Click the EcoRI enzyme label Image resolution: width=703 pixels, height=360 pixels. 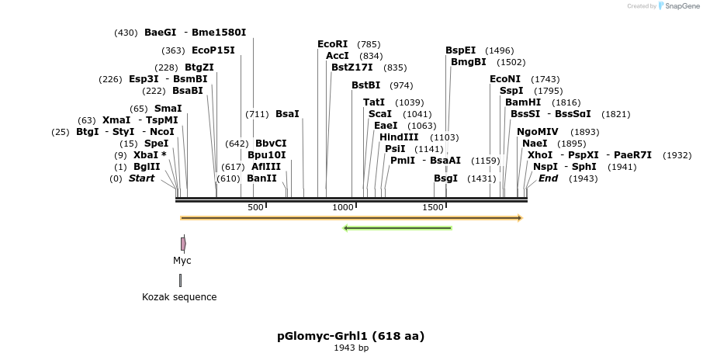pos(333,44)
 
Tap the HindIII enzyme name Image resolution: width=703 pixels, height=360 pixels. pos(399,137)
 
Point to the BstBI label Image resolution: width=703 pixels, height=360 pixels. pos(366,85)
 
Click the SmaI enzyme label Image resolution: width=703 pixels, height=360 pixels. pos(168,109)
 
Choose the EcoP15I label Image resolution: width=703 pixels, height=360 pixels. pos(213,50)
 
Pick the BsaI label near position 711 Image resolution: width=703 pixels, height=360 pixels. pos(287,114)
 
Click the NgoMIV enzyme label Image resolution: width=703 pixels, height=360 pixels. pos(537,132)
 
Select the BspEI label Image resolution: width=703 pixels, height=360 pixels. pos(461,50)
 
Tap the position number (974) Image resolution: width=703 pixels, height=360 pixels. pos(401,85)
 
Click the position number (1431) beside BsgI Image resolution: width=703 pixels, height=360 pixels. pos(481,178)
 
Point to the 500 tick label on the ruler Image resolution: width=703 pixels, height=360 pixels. pos(255,207)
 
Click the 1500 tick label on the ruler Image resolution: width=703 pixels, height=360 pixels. pos(433,207)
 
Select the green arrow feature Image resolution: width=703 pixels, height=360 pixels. pos(397,228)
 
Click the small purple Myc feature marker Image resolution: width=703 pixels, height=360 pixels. pos(182,244)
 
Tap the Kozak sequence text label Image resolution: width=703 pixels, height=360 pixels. pos(179,297)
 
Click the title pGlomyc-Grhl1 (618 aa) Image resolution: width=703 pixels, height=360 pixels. pos(351,336)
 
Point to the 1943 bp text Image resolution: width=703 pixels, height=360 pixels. pos(351,348)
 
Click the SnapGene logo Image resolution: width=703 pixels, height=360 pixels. pos(679,6)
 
